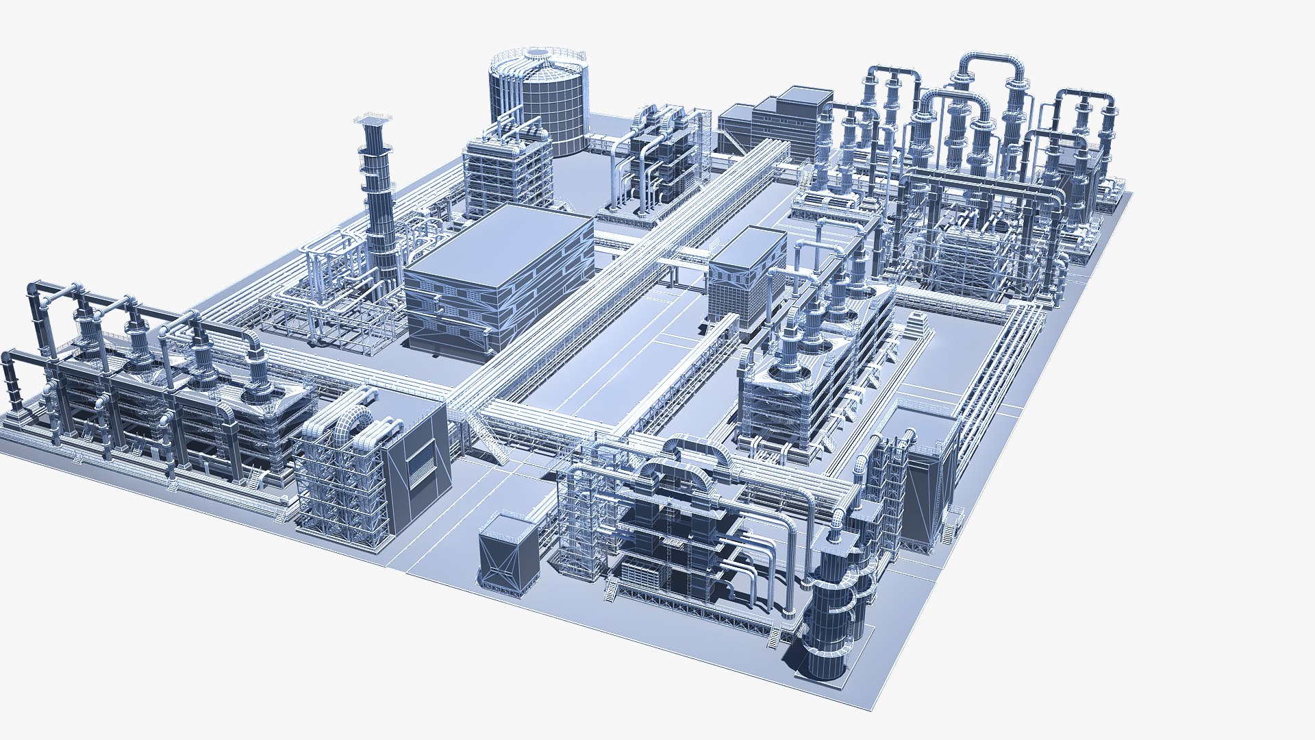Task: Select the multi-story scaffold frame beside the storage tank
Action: coord(507,171)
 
